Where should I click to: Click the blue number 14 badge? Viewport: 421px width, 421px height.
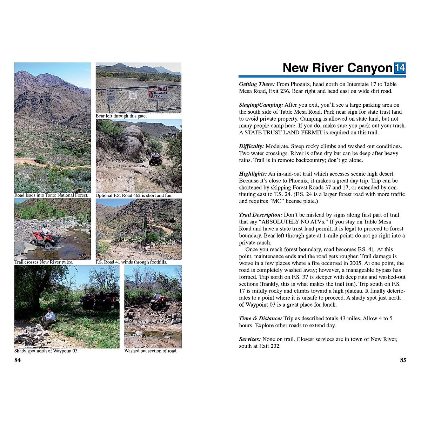coord(400,68)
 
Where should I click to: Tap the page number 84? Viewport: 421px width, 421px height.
coord(18,360)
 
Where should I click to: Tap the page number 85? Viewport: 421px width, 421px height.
coord(403,360)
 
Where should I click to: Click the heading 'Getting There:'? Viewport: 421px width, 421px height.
coord(257,84)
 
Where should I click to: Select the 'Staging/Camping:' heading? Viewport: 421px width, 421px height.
coord(261,105)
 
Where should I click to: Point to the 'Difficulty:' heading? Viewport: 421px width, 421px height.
coord(252,146)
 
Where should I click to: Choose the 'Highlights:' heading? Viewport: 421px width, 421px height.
coord(253,174)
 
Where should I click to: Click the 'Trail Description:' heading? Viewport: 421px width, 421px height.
coord(261,215)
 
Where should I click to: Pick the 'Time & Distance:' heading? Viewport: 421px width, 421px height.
coord(260,319)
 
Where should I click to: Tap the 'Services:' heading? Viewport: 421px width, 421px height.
coord(250,339)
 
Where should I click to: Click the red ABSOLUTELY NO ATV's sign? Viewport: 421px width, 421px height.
coord(158,94)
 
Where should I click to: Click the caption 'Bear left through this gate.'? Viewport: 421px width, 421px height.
coord(121,116)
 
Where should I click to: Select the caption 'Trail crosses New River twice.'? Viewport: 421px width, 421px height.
coord(44,262)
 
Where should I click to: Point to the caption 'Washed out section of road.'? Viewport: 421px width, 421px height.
coord(151,351)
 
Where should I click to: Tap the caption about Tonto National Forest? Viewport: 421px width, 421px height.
coord(51,195)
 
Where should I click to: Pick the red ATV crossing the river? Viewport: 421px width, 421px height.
coord(45,237)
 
